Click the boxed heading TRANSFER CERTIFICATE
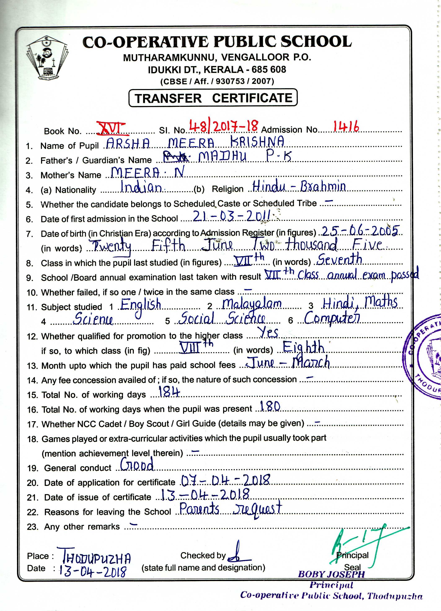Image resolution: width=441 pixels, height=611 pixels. click(x=213, y=98)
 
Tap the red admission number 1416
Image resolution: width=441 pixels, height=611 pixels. click(x=346, y=126)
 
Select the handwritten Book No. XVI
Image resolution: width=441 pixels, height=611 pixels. click(x=111, y=128)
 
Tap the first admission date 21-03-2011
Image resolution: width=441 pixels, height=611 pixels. click(x=232, y=216)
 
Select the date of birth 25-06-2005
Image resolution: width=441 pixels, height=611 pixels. click(x=360, y=231)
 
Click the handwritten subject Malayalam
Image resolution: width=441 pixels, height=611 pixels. click(x=252, y=304)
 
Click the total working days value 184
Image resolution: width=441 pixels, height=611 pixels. click(x=169, y=392)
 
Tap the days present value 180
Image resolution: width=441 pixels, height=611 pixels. click(x=270, y=406)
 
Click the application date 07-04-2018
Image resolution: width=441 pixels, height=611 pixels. click(x=225, y=480)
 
